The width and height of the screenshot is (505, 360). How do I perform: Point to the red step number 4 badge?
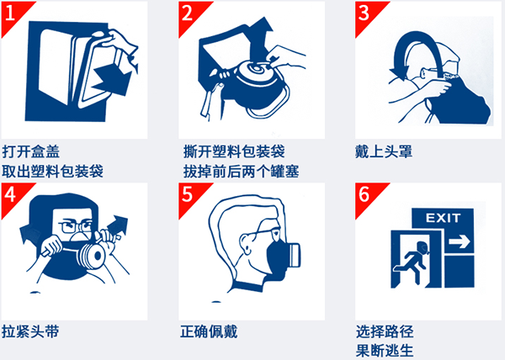click(11, 193)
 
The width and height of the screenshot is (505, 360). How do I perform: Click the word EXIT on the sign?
click(444, 220)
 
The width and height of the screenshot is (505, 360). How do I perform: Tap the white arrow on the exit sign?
click(460, 242)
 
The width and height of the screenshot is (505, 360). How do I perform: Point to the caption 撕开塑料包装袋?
click(233, 152)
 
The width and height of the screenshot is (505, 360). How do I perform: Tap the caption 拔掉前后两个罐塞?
click(241, 171)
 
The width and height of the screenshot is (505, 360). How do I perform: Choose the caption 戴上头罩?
click(384, 152)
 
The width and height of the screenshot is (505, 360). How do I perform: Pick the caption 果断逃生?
click(384, 350)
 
